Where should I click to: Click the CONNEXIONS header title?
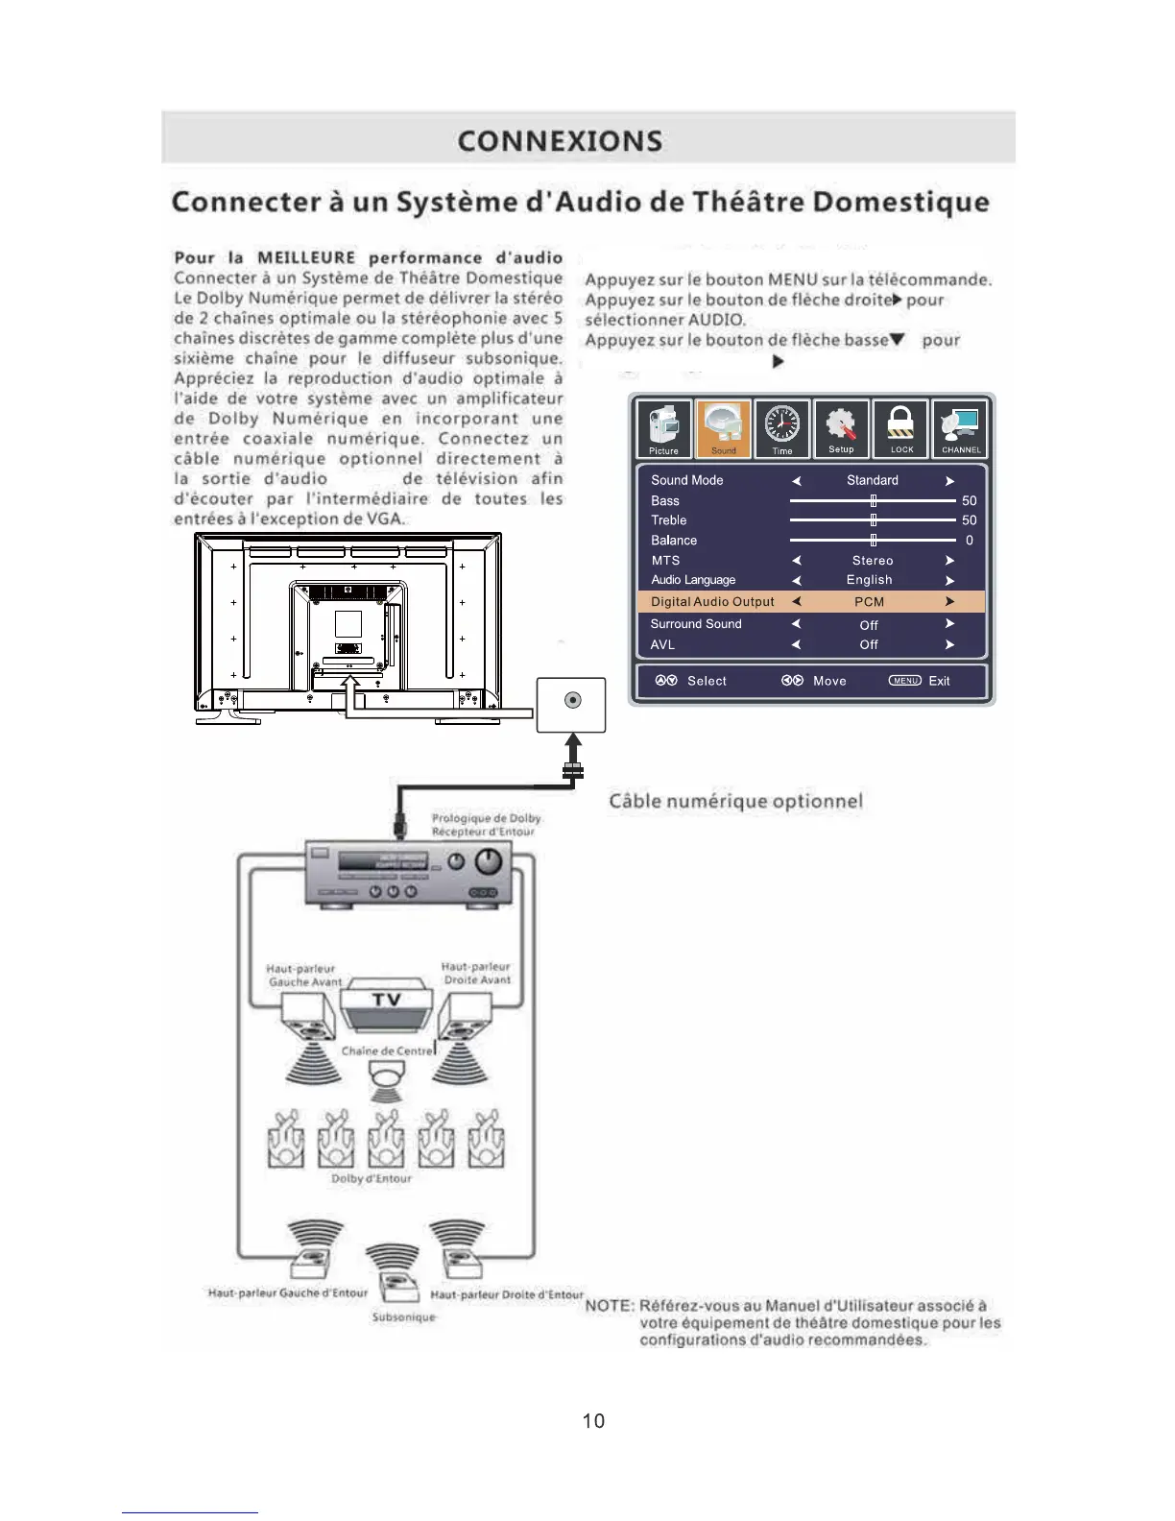click(x=560, y=141)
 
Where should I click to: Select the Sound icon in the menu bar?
click(x=723, y=428)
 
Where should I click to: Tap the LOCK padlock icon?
click(x=900, y=428)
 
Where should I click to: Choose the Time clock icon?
click(x=782, y=428)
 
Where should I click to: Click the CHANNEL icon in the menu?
click(x=960, y=428)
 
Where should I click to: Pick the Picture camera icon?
click(x=663, y=428)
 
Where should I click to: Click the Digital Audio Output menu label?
click(x=712, y=602)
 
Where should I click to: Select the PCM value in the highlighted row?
click(x=869, y=602)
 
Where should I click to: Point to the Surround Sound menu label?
click(x=696, y=624)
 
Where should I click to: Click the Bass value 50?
click(x=969, y=500)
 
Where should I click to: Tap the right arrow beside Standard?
click(x=949, y=481)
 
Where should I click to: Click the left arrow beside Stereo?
click(x=796, y=561)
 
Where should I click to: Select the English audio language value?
click(x=869, y=580)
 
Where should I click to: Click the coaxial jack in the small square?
click(x=572, y=700)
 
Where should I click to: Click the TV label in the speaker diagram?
click(x=386, y=1001)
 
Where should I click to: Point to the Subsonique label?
click(x=403, y=1317)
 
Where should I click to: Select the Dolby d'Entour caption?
click(x=371, y=1178)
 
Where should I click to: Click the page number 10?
click(x=593, y=1421)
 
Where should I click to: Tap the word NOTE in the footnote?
click(x=609, y=1306)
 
